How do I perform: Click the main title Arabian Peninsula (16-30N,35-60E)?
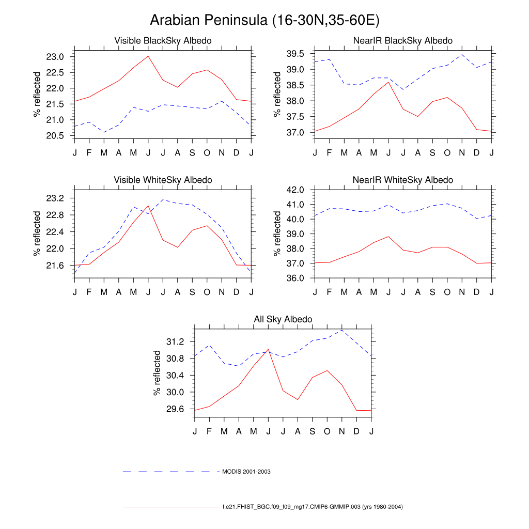pyautogui.click(x=264, y=20)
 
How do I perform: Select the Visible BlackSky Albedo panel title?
pyautogui.click(x=163, y=41)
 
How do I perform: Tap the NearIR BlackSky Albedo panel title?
pyautogui.click(x=402, y=41)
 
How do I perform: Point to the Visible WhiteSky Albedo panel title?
pyautogui.click(x=163, y=180)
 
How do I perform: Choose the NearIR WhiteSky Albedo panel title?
pyautogui.click(x=402, y=180)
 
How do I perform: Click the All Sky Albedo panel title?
pyautogui.click(x=283, y=319)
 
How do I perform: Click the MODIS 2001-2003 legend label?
pyautogui.click(x=246, y=472)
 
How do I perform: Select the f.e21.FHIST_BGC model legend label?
pyautogui.click(x=312, y=507)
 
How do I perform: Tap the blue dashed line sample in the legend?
pyautogui.click(x=170, y=472)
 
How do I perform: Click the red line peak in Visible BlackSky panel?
pyautogui.click(x=148, y=56)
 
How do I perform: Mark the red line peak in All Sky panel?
pyautogui.click(x=268, y=349)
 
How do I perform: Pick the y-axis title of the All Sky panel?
pyautogui.click(x=158, y=372)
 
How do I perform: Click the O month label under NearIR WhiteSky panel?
pyautogui.click(x=447, y=292)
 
